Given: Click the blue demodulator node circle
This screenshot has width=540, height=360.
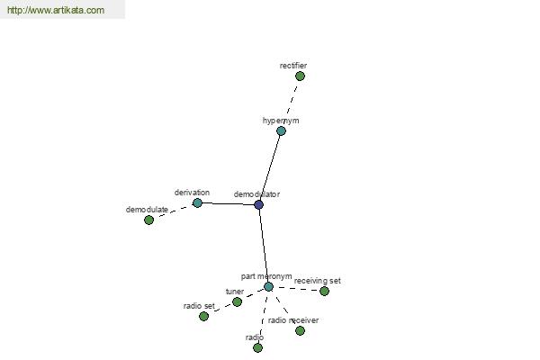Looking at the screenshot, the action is pyautogui.click(x=258, y=204).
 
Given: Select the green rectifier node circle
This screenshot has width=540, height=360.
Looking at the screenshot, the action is pyautogui.click(x=300, y=76).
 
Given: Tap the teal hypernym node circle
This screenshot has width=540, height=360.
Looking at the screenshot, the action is pyautogui.click(x=281, y=130).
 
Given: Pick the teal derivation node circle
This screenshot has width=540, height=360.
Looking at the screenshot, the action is pyautogui.click(x=197, y=202).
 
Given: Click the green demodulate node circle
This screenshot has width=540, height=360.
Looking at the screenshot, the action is pyautogui.click(x=148, y=220).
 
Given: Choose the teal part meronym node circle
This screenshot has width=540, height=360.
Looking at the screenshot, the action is pyautogui.click(x=268, y=286).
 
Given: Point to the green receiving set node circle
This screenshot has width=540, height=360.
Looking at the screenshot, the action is pyautogui.click(x=324, y=291).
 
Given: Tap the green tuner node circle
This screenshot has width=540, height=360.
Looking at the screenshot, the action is pyautogui.click(x=237, y=302).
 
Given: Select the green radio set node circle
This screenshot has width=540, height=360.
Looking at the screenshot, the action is pyautogui.click(x=203, y=316).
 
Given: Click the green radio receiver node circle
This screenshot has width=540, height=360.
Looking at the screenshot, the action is pyautogui.click(x=300, y=330).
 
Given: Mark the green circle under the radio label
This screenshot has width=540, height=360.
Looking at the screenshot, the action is pyautogui.click(x=257, y=348).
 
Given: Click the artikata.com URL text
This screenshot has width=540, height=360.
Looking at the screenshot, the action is pyautogui.click(x=56, y=10).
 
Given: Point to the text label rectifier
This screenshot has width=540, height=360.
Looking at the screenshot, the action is pyautogui.click(x=293, y=66).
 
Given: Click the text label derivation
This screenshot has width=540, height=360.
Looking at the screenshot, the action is pyautogui.click(x=192, y=193).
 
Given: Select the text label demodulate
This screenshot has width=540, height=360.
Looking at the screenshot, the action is pyautogui.click(x=147, y=210).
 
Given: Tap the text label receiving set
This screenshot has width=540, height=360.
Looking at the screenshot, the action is pyautogui.click(x=317, y=281).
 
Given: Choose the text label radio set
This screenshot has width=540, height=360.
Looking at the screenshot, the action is pyautogui.click(x=199, y=306).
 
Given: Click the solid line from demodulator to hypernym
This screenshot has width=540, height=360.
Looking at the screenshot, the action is pyautogui.click(x=270, y=167).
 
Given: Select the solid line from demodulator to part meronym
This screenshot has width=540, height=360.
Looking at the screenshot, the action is pyautogui.click(x=264, y=246).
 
